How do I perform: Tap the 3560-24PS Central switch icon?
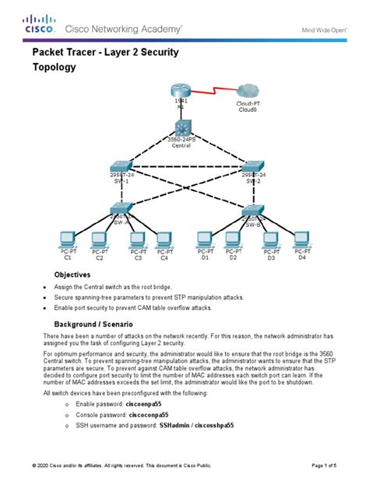pos(181,127)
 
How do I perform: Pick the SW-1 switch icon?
pos(120,166)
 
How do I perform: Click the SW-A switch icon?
pos(121,208)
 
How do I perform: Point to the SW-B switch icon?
pos(252,210)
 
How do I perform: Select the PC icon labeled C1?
pos(67,239)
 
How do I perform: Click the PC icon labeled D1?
pos(206,239)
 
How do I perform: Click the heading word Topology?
pos(54,68)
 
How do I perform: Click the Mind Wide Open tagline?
pos(325,30)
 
